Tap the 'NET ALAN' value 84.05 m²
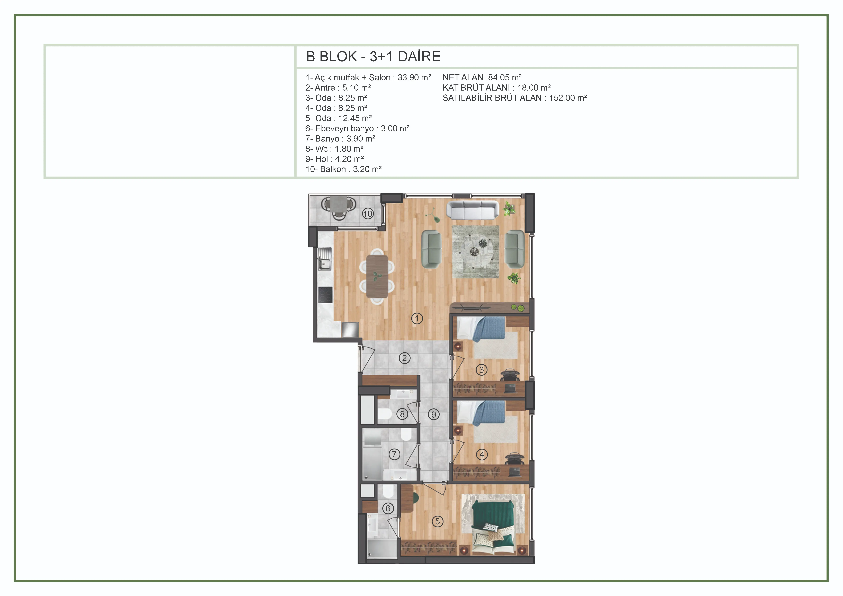[x=504, y=77]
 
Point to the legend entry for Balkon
[x=343, y=169]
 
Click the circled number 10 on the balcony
[x=368, y=214]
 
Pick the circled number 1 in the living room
[x=417, y=318]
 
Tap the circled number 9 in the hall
[x=434, y=415]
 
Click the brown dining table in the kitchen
[x=377, y=276]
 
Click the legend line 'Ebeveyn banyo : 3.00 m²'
[x=357, y=129]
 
